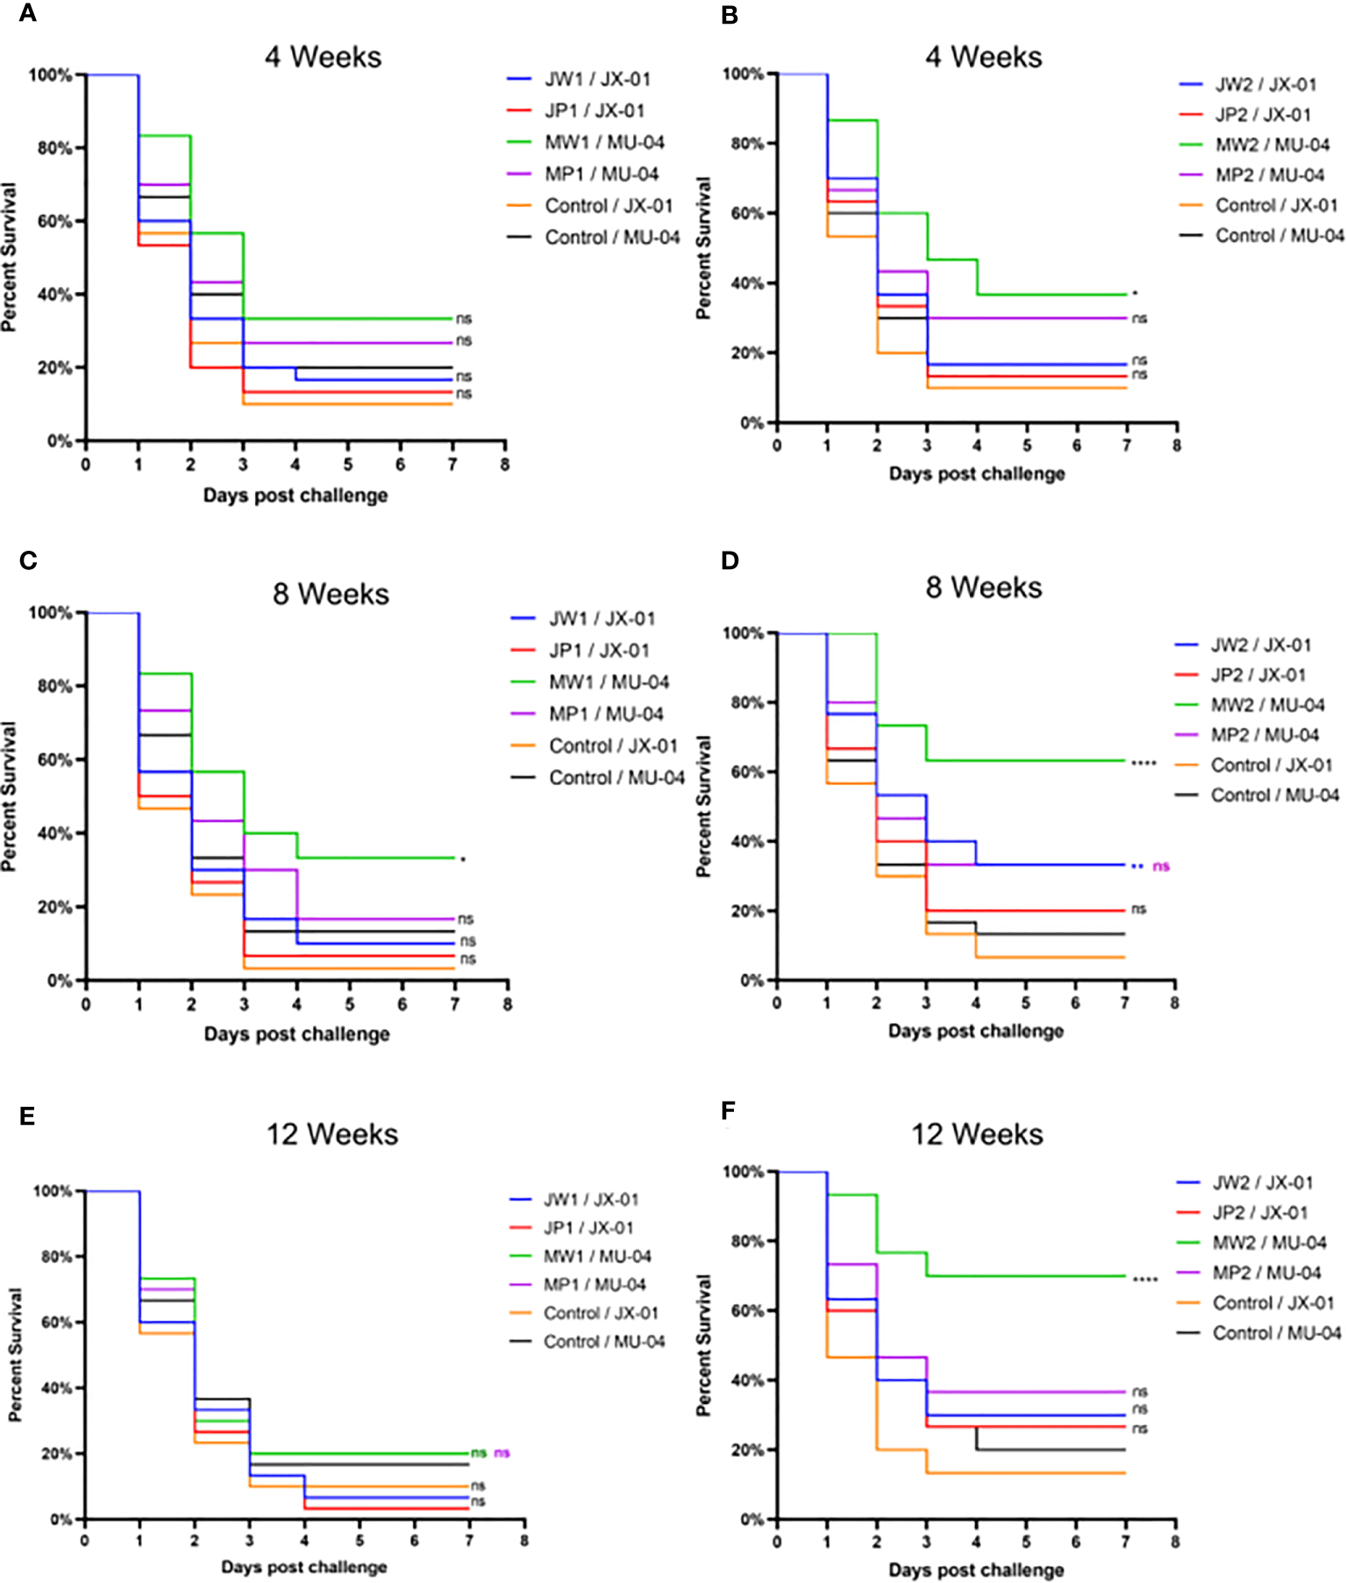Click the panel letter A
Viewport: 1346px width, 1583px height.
tap(27, 14)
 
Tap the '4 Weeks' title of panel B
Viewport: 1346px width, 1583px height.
tap(983, 57)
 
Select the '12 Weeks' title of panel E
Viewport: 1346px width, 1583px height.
tap(331, 1134)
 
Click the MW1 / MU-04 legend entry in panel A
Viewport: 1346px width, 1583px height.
tap(603, 142)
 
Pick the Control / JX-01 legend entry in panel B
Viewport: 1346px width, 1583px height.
tap(1276, 205)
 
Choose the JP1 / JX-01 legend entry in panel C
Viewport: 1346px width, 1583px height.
tap(599, 651)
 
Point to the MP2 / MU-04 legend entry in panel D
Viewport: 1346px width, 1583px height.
tap(1264, 735)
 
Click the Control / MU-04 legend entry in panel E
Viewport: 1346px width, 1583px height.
tap(603, 1341)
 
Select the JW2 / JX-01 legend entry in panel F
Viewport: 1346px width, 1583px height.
tap(1263, 1183)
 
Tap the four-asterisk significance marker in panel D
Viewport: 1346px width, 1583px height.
tap(1143, 763)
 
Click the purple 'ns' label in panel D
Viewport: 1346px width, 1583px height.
tap(1161, 866)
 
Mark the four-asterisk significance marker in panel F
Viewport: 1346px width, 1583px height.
tap(1145, 1280)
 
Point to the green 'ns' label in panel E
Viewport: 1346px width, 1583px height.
tap(479, 1453)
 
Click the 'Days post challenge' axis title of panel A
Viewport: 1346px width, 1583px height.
tap(296, 496)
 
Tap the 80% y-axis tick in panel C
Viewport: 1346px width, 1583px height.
tap(54, 686)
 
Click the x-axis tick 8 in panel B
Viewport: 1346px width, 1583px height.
tap(1177, 446)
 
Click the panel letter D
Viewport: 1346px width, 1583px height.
tap(730, 560)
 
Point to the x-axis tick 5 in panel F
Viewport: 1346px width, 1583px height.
tap(1026, 1541)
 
